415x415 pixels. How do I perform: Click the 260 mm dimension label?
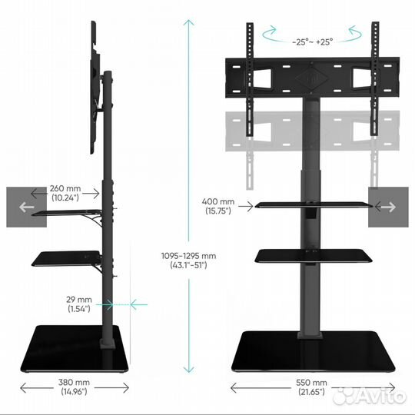[x=65, y=193]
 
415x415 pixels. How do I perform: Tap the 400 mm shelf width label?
[x=218, y=206]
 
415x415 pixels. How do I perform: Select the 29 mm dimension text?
[x=79, y=304]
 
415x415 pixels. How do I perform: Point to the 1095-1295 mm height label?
[x=188, y=261]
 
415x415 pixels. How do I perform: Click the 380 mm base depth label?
[x=74, y=387]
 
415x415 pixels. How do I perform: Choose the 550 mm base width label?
[x=311, y=387]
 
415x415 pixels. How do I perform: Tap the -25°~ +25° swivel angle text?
[x=312, y=42]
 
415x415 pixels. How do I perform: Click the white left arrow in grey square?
[x=26, y=207]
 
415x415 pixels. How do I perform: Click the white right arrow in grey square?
[x=388, y=207]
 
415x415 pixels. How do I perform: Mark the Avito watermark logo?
[x=370, y=397]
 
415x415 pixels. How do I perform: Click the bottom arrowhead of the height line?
[x=188, y=369]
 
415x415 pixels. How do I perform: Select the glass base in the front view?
[x=313, y=351]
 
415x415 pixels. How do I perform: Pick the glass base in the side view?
[x=75, y=349]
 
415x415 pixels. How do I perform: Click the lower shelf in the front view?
[x=314, y=256]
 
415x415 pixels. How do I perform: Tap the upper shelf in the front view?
[x=314, y=204]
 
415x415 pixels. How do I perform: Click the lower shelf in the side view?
[x=66, y=258]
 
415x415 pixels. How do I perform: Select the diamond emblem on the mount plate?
[x=311, y=78]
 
